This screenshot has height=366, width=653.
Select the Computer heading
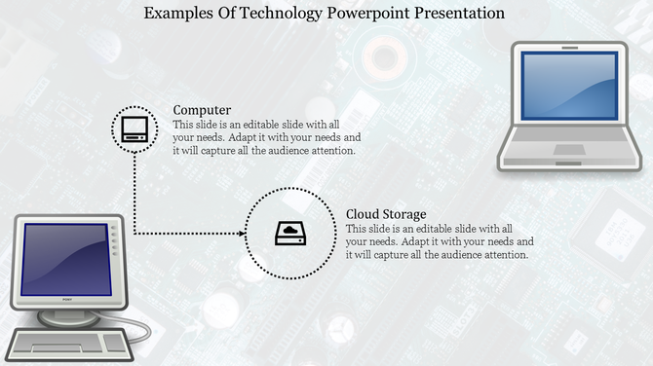(x=202, y=110)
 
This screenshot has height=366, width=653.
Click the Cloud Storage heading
(x=386, y=214)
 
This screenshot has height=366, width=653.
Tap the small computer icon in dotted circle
(x=134, y=128)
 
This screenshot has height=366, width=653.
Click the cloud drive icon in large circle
(x=289, y=234)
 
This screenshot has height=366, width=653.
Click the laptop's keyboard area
(x=570, y=135)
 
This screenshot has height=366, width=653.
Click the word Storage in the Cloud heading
(x=404, y=214)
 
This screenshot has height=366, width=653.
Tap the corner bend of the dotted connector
(x=134, y=234)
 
